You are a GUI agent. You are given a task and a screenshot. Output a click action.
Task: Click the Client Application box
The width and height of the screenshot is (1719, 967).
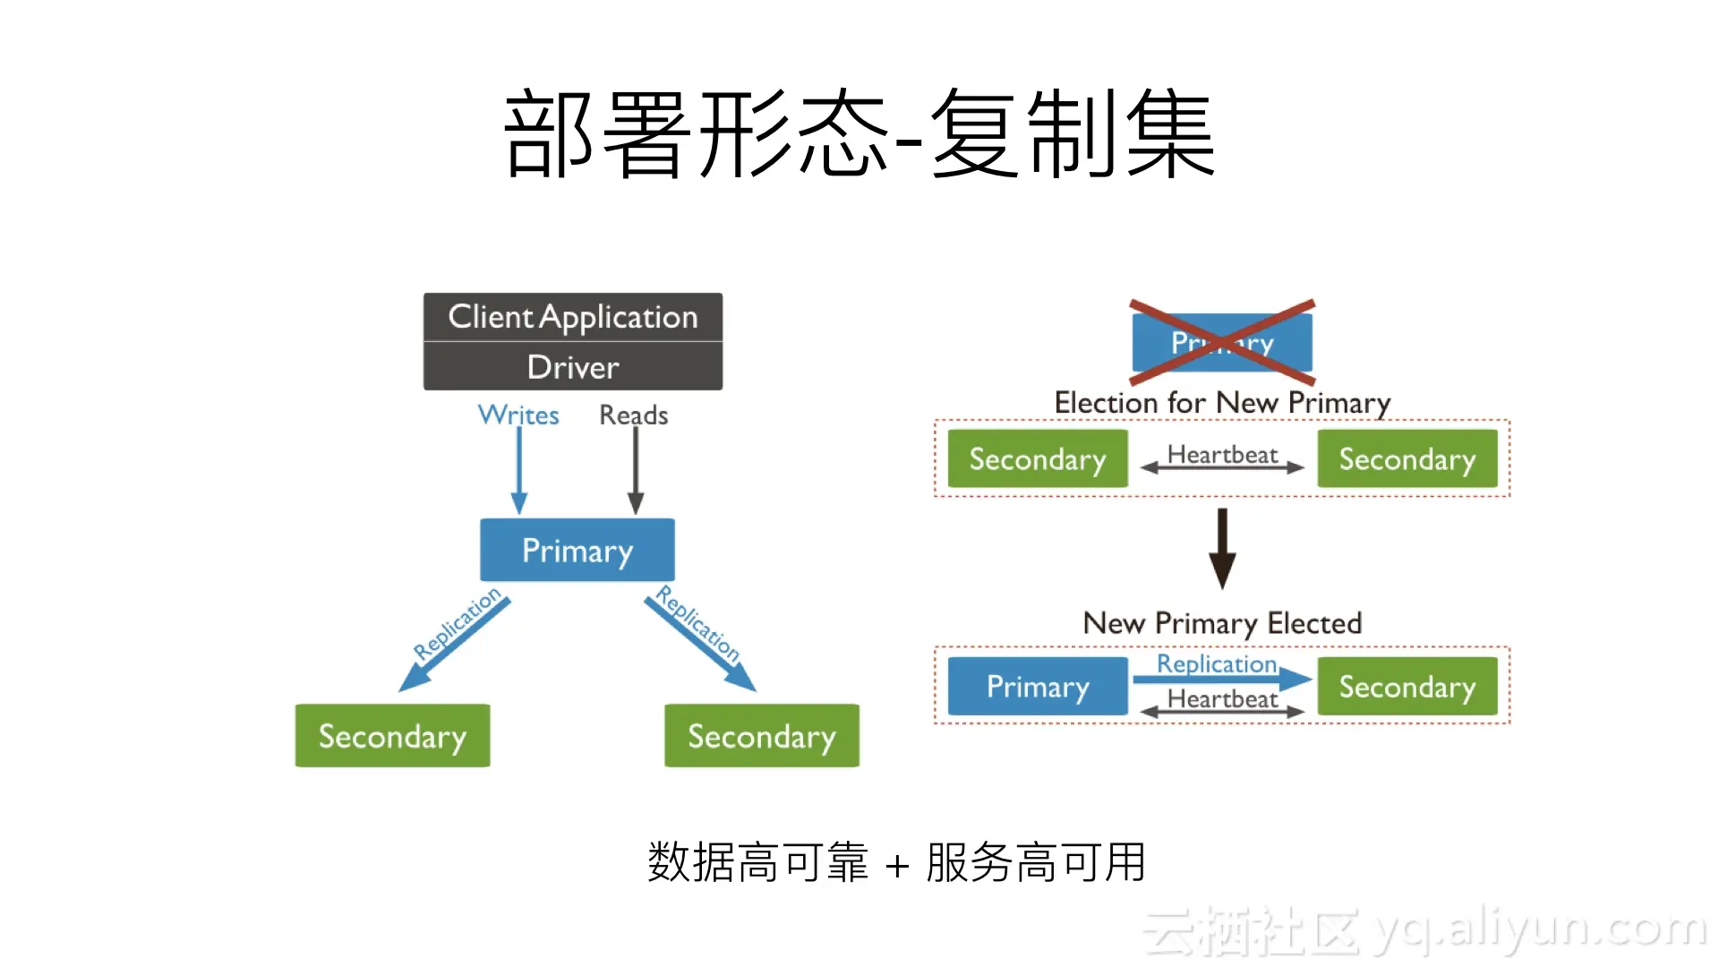click(573, 317)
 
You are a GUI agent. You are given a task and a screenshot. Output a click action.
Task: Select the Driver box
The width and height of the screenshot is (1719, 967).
click(573, 367)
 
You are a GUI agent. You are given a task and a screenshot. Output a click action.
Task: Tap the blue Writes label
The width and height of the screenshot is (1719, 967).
click(518, 415)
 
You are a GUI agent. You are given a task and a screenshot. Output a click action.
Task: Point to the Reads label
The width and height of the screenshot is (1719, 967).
click(634, 415)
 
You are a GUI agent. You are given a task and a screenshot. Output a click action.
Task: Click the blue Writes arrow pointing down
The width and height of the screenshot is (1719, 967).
click(519, 470)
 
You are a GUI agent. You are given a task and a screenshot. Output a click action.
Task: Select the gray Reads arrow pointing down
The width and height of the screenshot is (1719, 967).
click(636, 470)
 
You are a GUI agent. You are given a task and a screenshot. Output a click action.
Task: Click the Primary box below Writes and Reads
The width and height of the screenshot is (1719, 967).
click(577, 550)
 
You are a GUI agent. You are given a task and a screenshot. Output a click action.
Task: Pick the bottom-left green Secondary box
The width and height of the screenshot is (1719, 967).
click(392, 736)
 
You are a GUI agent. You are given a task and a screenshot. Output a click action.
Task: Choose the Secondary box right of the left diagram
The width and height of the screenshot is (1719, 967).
click(762, 736)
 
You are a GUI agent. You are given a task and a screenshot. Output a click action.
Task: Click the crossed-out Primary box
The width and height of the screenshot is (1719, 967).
click(1222, 342)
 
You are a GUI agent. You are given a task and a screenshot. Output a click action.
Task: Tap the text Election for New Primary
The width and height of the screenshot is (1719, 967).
click(1222, 403)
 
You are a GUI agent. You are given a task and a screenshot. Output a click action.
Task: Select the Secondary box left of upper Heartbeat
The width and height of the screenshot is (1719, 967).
click(1038, 458)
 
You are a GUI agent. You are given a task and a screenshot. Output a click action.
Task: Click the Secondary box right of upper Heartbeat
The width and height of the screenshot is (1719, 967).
click(1407, 458)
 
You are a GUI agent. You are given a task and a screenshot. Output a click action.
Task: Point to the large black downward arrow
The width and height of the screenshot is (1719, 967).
click(1222, 548)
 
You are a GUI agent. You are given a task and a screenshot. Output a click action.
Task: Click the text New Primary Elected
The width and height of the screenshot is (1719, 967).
click(1222, 623)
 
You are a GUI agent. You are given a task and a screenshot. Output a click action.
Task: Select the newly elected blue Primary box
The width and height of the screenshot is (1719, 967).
click(1038, 687)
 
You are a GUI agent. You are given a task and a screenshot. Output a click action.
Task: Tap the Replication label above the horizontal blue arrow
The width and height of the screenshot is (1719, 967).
click(1217, 663)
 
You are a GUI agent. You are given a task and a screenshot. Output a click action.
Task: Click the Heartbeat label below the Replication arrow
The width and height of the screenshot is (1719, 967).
click(1222, 698)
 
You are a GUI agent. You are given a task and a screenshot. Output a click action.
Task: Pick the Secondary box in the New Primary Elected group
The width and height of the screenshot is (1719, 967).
click(1407, 687)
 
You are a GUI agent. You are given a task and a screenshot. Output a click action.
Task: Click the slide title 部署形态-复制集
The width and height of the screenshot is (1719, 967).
click(859, 134)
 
